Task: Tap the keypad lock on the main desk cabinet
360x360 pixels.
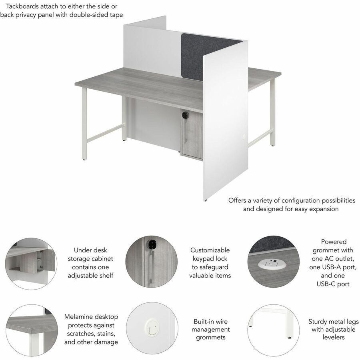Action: pos(185,115)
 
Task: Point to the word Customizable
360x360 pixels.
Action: pos(210,250)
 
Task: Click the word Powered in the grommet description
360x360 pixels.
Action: pos(334,242)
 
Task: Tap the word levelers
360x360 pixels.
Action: pos(334,338)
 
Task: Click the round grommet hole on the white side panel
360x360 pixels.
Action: pos(244,137)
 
